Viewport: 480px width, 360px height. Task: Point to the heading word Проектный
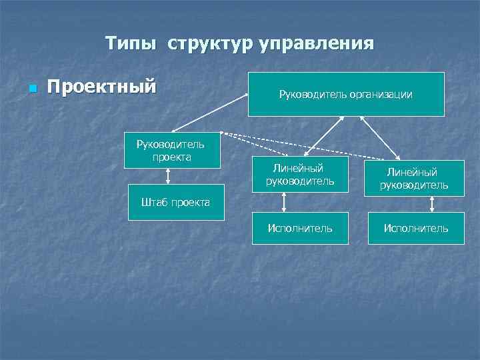pos(101,87)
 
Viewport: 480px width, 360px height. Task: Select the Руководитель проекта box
pos(170,151)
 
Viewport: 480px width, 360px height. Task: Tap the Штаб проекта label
pos(175,202)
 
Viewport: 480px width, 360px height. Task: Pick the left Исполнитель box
pos(299,229)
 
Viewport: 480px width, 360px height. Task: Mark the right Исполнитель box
pos(415,229)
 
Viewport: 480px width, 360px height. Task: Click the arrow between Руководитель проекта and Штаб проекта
pos(169,176)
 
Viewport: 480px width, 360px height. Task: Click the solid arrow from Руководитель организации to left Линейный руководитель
pos(327,136)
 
